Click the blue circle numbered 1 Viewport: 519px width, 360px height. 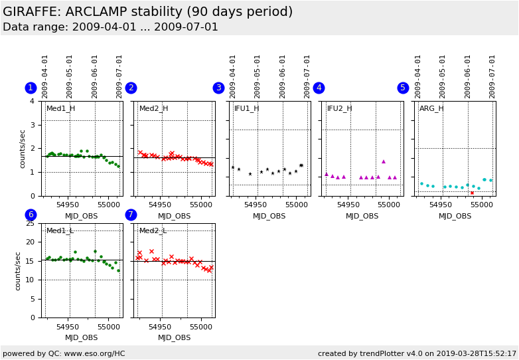click(31, 88)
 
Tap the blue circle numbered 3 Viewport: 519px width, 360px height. click(218, 88)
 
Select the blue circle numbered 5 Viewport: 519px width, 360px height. click(403, 88)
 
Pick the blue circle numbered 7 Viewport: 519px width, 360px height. click(131, 215)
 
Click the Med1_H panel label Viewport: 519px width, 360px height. click(60, 109)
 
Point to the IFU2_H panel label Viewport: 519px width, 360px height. click(339, 109)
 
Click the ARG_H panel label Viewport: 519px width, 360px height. click(431, 109)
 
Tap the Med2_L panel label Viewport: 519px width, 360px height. click(153, 231)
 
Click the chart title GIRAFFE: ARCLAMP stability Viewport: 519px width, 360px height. click(147, 12)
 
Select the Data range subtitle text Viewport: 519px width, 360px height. click(110, 27)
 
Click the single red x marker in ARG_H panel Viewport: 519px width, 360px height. click(472, 193)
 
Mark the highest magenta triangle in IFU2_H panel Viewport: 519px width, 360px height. click(383, 161)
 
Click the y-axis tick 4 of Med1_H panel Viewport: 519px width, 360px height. click(33, 102)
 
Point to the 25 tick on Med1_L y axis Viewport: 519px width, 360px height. click(30, 223)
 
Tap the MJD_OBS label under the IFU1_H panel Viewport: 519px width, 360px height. click(269, 216)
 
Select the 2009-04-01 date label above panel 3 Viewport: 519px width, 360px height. click(234, 76)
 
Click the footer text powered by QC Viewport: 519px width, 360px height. click(64, 353)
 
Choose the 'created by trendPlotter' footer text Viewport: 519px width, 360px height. click(417, 353)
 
